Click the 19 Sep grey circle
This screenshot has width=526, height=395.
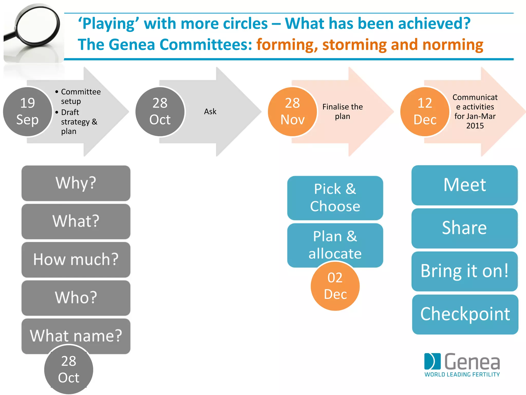[27, 112]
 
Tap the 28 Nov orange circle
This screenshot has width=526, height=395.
[292, 112]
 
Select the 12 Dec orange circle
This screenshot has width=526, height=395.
[425, 112]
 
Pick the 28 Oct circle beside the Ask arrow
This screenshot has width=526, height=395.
[160, 112]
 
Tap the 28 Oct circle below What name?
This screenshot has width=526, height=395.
[69, 370]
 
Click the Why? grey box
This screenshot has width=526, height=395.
[76, 183]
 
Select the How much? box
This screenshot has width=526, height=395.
[76, 259]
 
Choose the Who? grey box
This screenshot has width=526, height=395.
[76, 298]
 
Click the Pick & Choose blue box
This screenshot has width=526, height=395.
[335, 198]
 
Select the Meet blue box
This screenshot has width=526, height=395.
[464, 185]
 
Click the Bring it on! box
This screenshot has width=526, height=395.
[464, 271]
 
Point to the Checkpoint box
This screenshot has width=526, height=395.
[465, 314]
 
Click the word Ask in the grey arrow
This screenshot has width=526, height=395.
[210, 112]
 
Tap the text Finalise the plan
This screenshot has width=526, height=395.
[342, 111]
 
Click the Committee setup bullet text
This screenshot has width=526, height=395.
[80, 96]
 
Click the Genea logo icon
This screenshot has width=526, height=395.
[432, 361]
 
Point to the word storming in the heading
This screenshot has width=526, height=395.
[354, 45]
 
